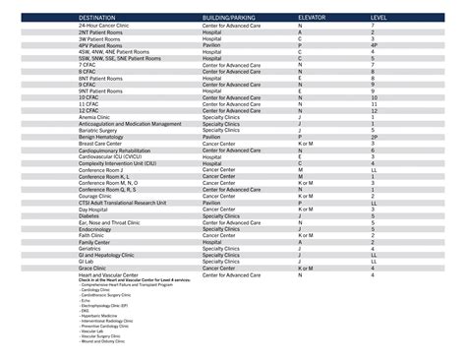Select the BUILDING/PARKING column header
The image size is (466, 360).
229,19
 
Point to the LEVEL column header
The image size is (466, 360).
379,19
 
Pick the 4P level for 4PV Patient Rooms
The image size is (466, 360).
374,45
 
